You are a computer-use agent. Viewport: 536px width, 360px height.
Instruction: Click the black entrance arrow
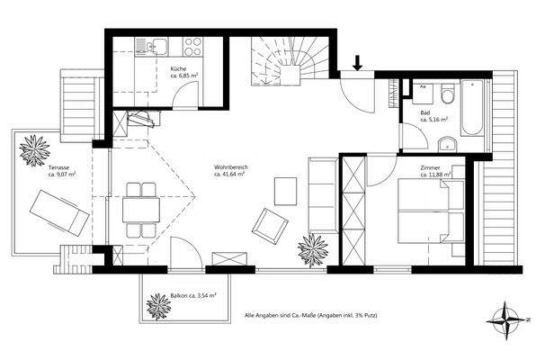[357, 63]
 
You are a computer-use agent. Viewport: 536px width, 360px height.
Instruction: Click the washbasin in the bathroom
[447, 143]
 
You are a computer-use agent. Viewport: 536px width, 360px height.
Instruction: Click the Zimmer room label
[431, 168]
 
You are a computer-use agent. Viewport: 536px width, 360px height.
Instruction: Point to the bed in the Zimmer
[429, 211]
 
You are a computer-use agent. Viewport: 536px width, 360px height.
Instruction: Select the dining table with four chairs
[139, 208]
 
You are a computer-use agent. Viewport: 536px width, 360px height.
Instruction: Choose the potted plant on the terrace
[33, 149]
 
